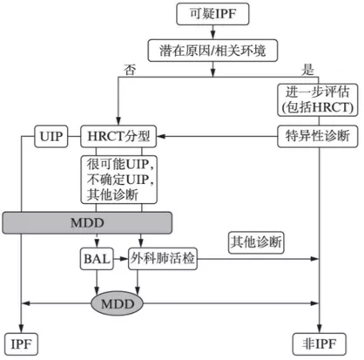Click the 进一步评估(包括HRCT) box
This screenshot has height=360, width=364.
(x=318, y=98)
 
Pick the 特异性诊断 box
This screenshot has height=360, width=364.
(x=318, y=136)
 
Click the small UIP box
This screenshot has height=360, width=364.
(x=48, y=136)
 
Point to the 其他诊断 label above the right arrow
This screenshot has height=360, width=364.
(x=256, y=240)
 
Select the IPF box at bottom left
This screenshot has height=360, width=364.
(x=21, y=343)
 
